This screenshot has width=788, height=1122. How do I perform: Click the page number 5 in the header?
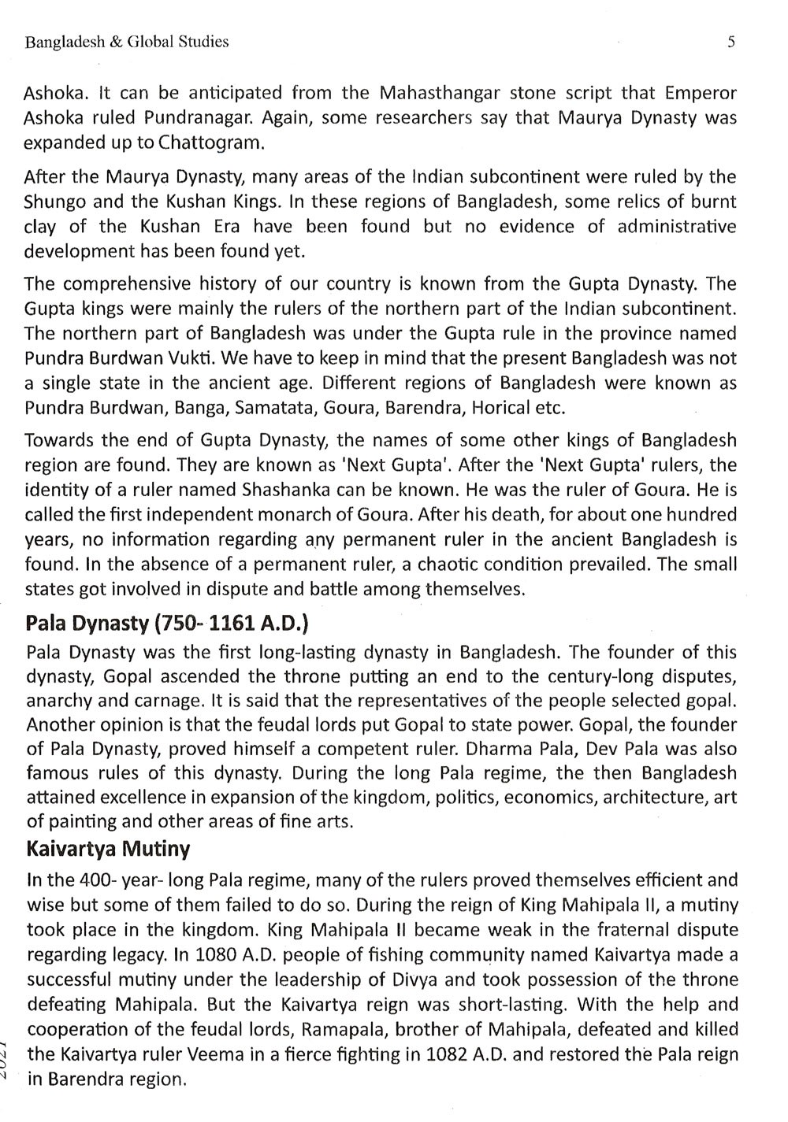pos(730,42)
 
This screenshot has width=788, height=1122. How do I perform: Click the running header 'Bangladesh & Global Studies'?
pos(127,43)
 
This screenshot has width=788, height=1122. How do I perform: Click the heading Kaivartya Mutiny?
pos(108,850)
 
